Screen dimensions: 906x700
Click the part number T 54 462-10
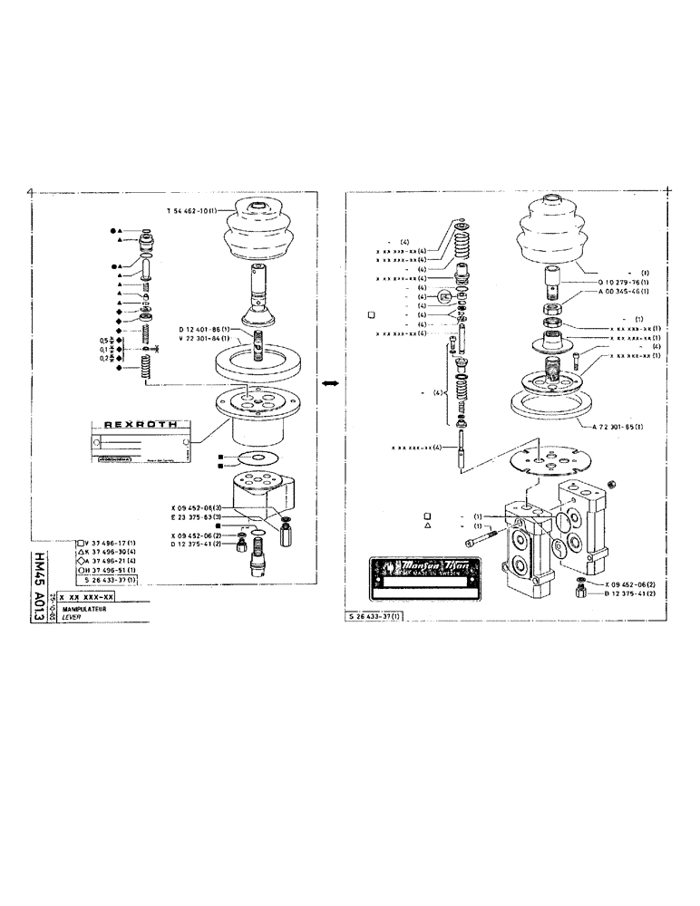click(x=190, y=210)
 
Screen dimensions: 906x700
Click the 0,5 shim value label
click(x=104, y=340)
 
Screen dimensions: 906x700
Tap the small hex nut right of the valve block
click(x=612, y=486)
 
